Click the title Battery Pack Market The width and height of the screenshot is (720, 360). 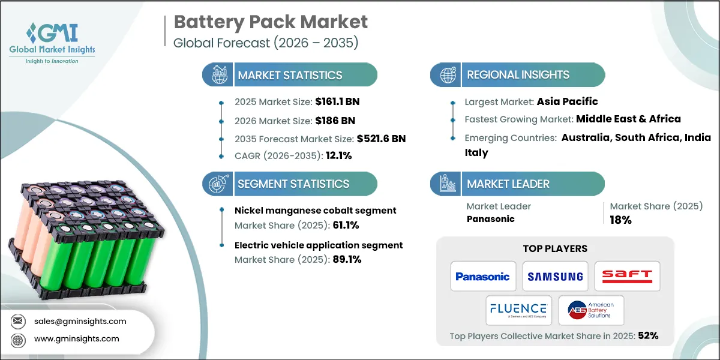(271, 23)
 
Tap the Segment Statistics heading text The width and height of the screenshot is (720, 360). (293, 184)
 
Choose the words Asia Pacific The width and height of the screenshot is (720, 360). (567, 101)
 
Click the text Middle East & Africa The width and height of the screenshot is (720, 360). (628, 119)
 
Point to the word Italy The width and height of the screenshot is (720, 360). (476, 152)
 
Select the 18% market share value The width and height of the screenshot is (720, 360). (621, 220)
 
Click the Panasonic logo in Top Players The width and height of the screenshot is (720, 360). (482, 277)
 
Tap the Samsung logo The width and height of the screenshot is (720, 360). (555, 277)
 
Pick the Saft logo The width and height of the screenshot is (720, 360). (627, 276)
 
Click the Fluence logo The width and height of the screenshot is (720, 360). (518, 310)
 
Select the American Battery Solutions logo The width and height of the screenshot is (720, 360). (590, 310)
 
